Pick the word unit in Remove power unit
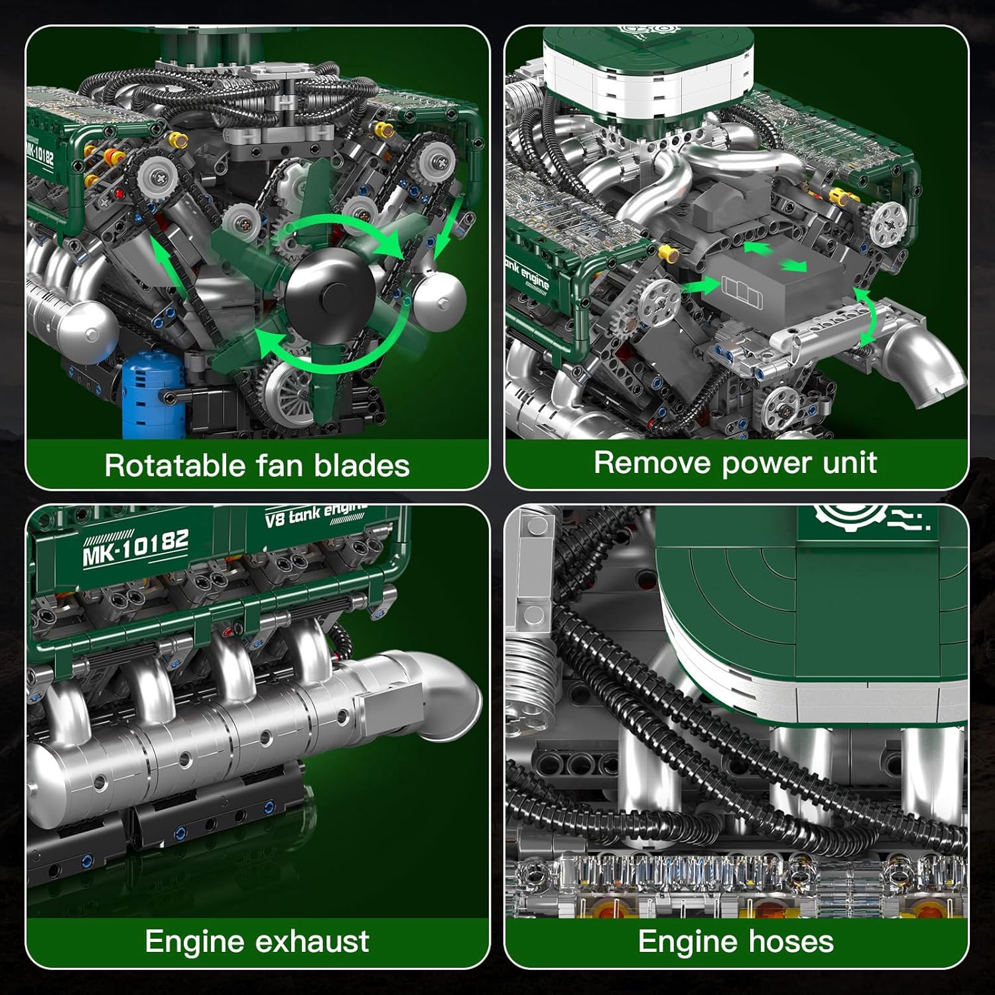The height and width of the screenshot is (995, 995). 850,462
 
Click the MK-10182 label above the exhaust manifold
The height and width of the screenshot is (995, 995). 136,547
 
